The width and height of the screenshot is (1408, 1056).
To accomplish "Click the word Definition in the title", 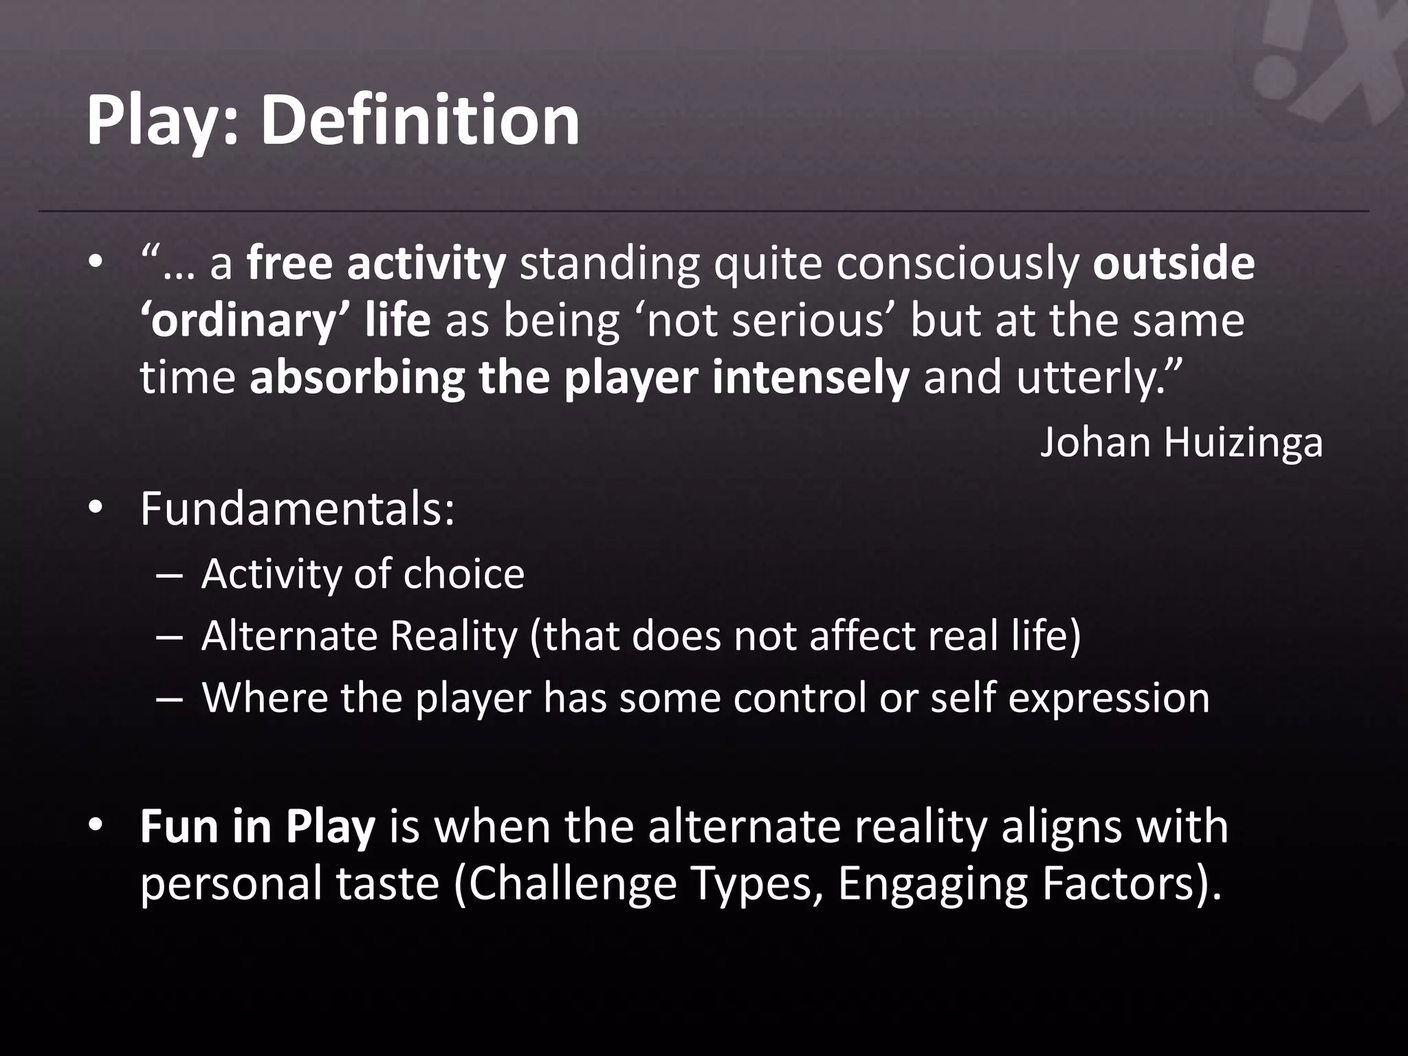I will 419,121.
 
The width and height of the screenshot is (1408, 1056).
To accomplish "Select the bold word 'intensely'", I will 811,378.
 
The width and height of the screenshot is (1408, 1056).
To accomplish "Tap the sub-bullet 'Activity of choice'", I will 362,574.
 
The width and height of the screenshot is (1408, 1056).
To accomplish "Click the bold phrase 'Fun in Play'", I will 258,826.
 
